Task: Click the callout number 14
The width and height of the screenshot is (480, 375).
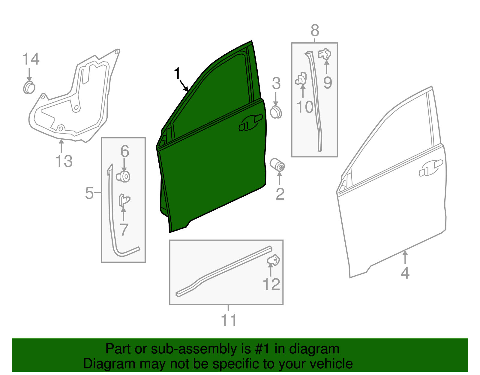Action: click(31, 59)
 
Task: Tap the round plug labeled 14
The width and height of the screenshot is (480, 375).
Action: click(29, 87)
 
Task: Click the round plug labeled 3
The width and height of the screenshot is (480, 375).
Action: click(276, 112)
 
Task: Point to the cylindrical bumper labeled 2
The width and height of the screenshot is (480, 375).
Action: click(277, 165)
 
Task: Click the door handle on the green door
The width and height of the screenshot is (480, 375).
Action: click(250, 122)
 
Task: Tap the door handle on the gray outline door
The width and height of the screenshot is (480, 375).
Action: click(431, 168)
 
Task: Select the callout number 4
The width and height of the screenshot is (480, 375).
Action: click(405, 273)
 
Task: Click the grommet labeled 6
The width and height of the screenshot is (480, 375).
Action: click(123, 176)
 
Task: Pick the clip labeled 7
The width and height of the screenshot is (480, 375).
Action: click(124, 200)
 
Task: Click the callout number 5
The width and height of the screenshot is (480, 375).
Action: click(89, 193)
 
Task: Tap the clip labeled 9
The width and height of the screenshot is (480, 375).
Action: click(325, 54)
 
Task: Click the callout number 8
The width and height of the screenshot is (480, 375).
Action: click(315, 30)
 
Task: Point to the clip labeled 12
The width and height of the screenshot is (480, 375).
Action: click(274, 260)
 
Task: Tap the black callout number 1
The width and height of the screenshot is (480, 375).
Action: click(177, 73)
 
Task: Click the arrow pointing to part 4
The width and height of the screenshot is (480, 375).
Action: click(405, 257)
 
